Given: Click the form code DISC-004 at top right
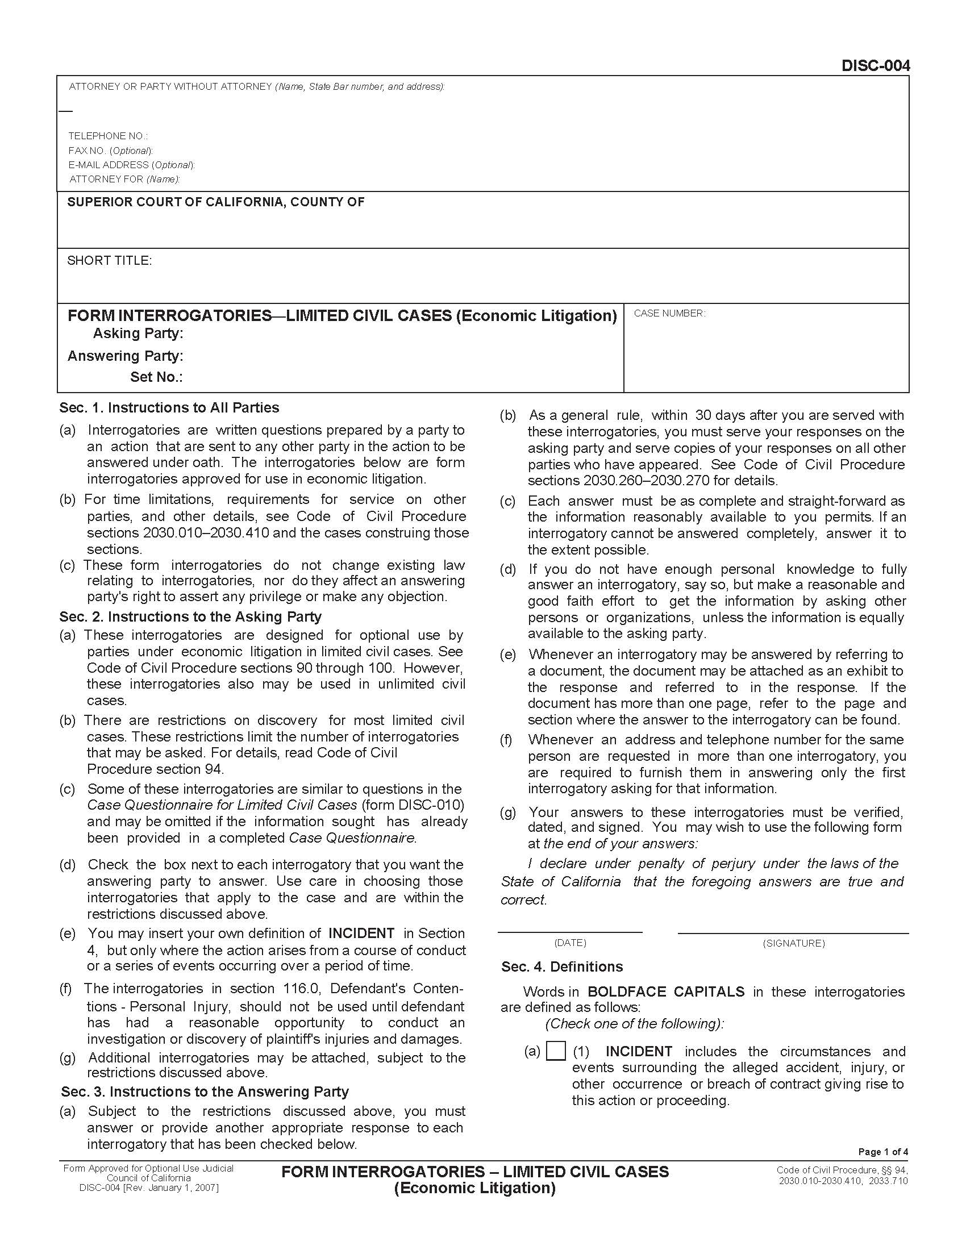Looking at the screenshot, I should (875, 66).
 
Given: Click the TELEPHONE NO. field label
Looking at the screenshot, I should (107, 136).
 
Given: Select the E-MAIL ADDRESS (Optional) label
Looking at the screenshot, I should (132, 165).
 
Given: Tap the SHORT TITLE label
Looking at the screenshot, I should (109, 261).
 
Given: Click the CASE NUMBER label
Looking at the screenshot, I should (669, 314).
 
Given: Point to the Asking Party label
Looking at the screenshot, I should (138, 333).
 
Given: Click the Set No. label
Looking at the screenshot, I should (156, 377).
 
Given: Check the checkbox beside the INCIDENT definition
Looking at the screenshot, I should (556, 1051).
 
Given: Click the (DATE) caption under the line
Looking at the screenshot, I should (570, 943).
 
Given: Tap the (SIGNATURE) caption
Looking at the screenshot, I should (793, 943).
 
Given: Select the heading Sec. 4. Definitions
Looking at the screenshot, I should (562, 966).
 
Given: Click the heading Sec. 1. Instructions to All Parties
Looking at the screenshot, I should (169, 407).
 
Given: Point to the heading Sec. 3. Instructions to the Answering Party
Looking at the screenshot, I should (205, 1091).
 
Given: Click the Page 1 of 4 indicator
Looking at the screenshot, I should (882, 1152).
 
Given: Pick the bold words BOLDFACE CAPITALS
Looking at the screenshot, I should (666, 991).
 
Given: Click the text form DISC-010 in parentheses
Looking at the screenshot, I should (413, 805).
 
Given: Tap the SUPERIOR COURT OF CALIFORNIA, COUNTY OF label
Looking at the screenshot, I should (216, 202).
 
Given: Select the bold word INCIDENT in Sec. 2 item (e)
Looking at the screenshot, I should (361, 933).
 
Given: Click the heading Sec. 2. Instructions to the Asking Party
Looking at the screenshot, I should (190, 616).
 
